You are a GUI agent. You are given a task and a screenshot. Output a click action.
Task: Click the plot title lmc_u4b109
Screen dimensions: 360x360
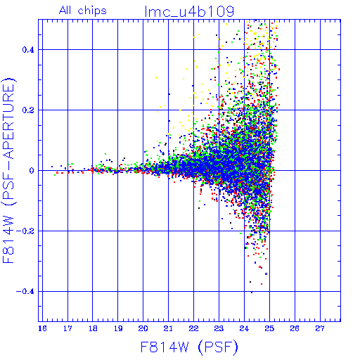pos(189,12)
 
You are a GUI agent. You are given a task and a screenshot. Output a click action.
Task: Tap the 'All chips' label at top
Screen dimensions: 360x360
pos(83,11)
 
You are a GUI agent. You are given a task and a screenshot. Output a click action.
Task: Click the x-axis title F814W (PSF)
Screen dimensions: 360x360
pos(189,347)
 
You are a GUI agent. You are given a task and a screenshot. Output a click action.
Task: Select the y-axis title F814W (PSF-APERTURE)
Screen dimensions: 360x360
pos(8,170)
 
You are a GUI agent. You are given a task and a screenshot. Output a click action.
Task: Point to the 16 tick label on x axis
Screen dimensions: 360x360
pos(42,328)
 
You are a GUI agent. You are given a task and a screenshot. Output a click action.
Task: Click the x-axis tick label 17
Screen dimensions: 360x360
pos(67,328)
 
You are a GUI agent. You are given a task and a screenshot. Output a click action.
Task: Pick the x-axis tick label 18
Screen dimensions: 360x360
pos(93,328)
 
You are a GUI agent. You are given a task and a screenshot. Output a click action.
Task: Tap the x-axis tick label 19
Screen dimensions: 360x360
pos(118,328)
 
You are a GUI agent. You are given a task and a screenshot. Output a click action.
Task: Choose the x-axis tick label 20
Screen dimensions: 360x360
pos(143,328)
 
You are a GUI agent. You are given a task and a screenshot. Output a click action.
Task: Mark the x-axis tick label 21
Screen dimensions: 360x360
pos(168,328)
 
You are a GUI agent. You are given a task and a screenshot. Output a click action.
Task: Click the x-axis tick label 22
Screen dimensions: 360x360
pos(193,328)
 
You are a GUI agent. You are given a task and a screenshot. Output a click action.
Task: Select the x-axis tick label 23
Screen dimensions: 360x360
pos(219,328)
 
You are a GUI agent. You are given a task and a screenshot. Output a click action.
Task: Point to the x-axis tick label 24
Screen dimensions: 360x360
pos(244,328)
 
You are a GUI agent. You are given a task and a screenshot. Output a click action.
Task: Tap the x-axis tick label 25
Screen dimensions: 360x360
pos(269,328)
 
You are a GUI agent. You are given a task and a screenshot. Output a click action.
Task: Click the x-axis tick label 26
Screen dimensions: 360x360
pos(295,328)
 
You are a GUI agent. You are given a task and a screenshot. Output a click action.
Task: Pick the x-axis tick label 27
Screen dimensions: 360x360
pos(320,328)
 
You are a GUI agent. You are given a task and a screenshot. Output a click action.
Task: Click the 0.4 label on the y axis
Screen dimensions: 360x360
pos(28,50)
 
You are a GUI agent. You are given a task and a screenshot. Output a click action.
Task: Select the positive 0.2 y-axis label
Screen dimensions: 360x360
pos(28,110)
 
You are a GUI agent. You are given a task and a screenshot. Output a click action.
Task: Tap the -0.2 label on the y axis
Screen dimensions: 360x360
pos(25,231)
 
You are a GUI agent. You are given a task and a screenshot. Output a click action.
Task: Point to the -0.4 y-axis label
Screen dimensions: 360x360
pos(25,292)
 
